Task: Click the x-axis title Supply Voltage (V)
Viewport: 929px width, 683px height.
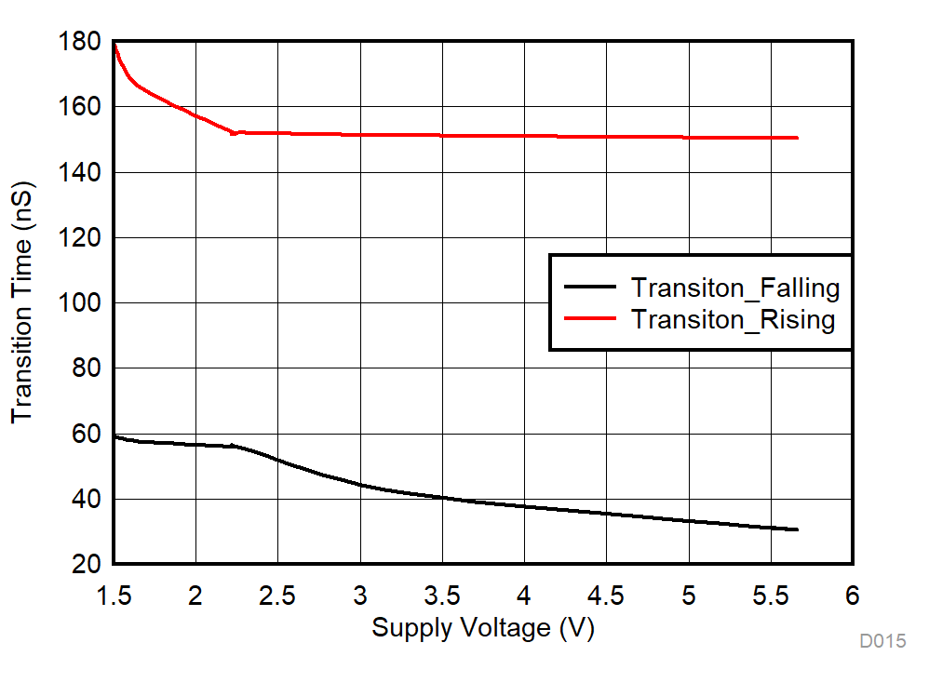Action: (482, 629)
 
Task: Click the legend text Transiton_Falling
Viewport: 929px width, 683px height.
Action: (735, 288)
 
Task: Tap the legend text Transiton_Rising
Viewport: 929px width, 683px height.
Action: (734, 319)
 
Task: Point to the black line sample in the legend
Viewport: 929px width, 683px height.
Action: (590, 288)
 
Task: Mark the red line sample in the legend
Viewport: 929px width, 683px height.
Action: (590, 318)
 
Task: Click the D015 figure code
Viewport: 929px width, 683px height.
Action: (882, 641)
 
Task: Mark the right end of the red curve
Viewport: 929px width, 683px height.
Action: (798, 138)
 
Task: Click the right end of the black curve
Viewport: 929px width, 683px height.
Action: (798, 529)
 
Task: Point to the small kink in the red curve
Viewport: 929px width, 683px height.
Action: (236, 133)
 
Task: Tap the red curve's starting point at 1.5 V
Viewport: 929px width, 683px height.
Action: (114, 44)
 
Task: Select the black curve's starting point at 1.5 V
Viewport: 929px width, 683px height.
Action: (114, 435)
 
